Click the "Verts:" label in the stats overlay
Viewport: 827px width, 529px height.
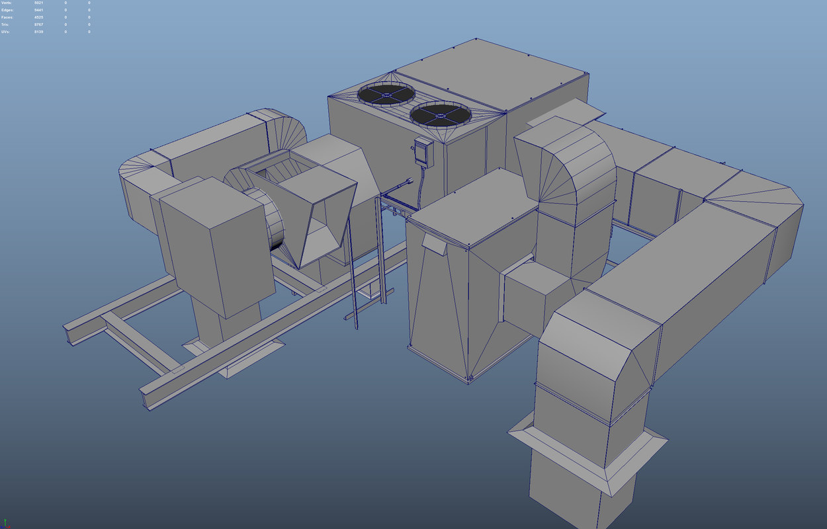pos(6,3)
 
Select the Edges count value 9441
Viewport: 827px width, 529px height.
pos(39,11)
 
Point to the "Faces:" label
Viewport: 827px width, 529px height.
pos(7,17)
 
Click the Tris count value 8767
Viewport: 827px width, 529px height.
pos(39,24)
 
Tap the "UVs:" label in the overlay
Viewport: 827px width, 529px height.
pos(5,32)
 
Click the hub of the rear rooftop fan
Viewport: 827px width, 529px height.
pos(386,94)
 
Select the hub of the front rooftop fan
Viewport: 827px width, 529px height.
pos(439,114)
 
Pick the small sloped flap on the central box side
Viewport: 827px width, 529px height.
pos(434,245)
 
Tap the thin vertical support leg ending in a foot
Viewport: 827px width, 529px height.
pos(353,291)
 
